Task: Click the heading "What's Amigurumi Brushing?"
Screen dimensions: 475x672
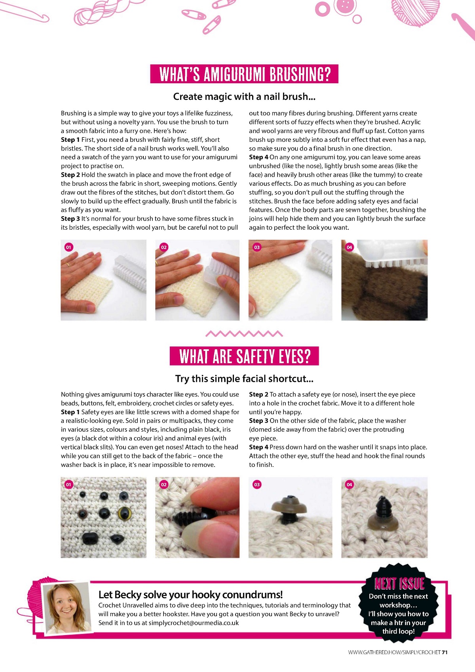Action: (x=244, y=74)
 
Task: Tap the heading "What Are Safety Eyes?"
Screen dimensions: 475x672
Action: (x=244, y=356)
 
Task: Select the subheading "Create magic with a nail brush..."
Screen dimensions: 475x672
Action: (x=244, y=96)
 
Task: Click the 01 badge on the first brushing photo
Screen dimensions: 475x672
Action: (x=68, y=247)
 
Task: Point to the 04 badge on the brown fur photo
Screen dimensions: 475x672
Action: (x=350, y=247)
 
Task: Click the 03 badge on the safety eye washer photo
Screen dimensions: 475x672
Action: (x=257, y=485)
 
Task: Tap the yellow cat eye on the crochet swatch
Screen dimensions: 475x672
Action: (x=124, y=513)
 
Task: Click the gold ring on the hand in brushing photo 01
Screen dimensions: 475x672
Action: (x=68, y=264)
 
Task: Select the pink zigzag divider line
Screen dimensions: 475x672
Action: (x=244, y=333)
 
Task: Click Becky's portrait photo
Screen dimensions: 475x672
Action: (x=67, y=609)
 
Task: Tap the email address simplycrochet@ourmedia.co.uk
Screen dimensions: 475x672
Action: (x=194, y=623)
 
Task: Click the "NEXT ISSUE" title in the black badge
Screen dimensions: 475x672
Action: (x=399, y=584)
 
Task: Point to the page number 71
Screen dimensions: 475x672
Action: (x=445, y=652)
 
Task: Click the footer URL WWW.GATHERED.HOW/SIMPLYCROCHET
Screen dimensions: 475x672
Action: (x=394, y=652)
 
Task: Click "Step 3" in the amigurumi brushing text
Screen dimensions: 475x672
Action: (x=70, y=219)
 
